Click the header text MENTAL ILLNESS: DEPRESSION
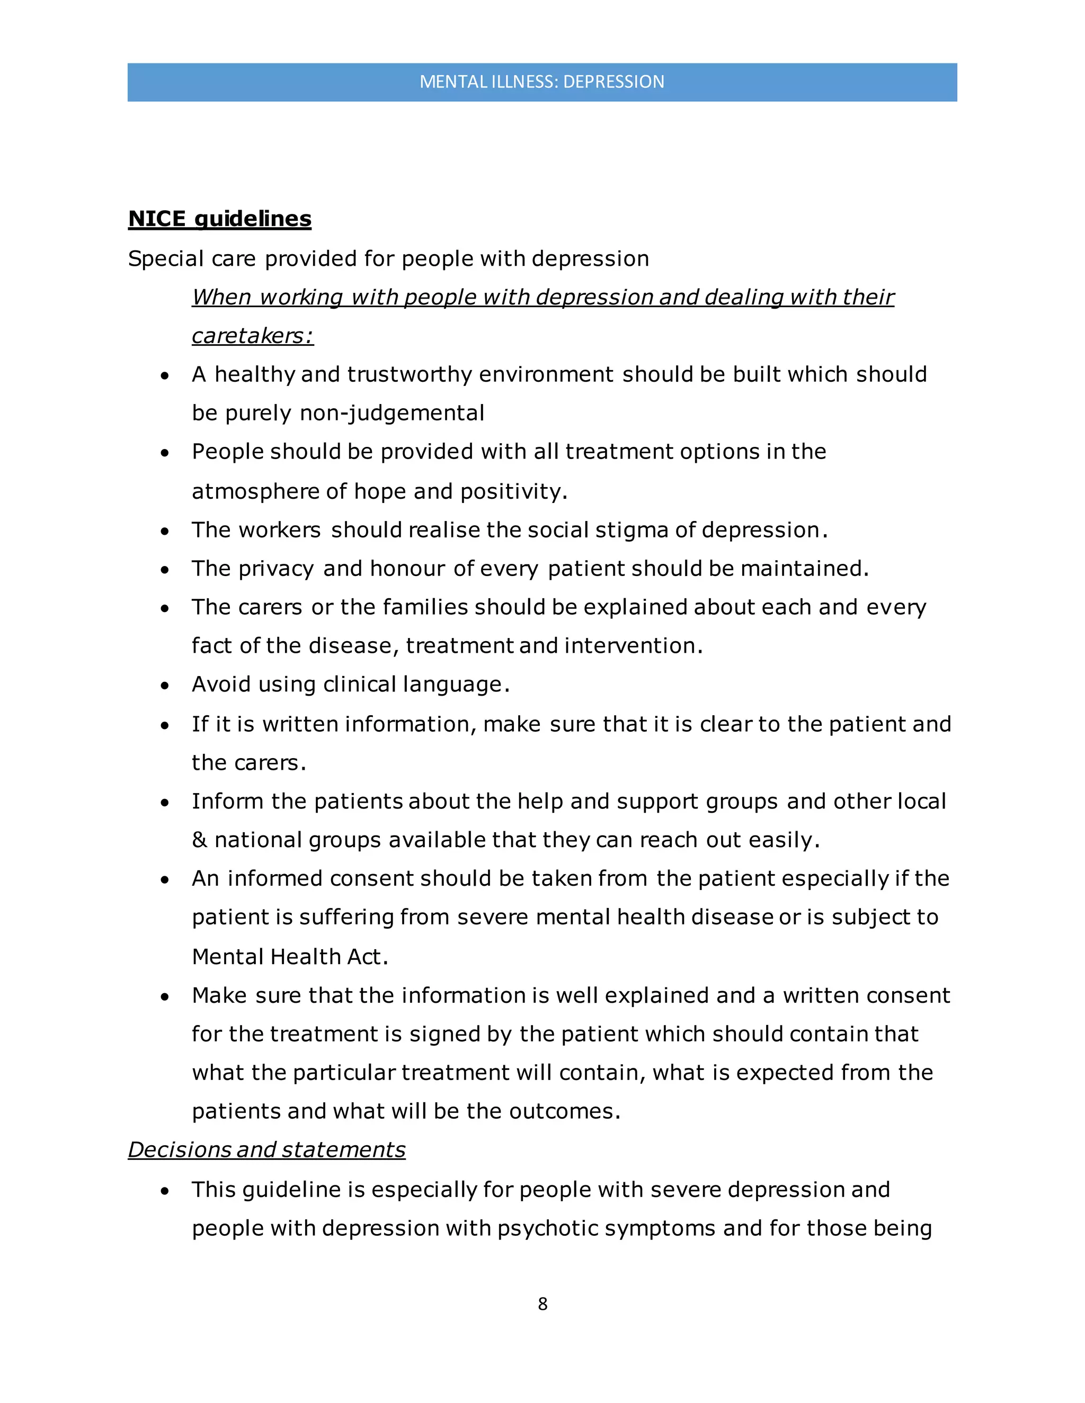542,82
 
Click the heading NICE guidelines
220,219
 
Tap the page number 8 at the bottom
542,1303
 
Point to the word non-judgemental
392,413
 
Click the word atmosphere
255,491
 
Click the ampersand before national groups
199,840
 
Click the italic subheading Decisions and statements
267,1150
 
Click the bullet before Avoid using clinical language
165,686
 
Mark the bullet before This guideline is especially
165,1190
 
